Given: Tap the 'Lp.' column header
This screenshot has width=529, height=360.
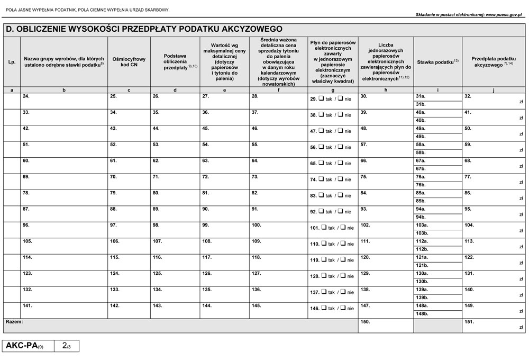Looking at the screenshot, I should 12,62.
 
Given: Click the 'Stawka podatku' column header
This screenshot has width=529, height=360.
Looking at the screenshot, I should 437,62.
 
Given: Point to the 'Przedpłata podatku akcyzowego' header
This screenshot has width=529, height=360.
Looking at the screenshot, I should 494,62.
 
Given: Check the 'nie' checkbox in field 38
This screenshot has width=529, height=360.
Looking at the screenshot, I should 340,114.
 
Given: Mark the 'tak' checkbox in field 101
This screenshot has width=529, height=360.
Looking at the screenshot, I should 323,228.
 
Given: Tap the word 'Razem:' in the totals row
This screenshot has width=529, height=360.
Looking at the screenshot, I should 14,322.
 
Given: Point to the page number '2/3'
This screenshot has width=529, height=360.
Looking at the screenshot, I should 67,346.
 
